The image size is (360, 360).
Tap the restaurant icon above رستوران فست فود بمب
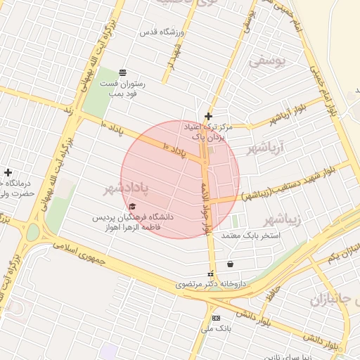coord(123,72)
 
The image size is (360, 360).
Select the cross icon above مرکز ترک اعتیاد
coord(208,116)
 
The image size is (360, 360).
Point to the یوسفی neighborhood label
coord(268,61)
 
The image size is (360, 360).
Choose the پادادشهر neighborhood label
coord(127,188)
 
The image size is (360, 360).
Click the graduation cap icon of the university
coord(132,206)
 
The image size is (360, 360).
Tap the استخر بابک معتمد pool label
coord(251,235)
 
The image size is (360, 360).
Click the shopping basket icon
coord(231,264)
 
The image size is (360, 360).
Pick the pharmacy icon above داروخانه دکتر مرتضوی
coord(210,274)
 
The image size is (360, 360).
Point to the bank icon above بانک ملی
coord(216,318)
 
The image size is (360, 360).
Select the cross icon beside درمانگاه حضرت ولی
coord(8,172)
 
